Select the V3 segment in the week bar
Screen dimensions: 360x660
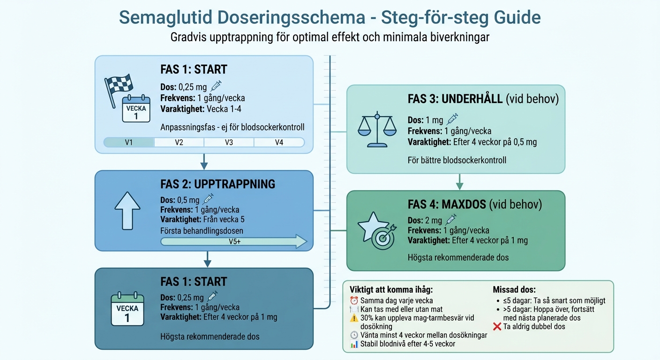229,142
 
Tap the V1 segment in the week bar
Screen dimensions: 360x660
128,142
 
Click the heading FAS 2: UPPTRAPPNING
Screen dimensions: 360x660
217,184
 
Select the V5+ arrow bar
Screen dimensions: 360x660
233,242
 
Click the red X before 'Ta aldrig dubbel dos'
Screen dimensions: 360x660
498,327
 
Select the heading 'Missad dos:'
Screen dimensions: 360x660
514,290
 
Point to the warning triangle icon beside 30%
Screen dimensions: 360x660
354,318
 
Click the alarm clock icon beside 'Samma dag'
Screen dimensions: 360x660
354,300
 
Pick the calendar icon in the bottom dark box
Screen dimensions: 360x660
127,309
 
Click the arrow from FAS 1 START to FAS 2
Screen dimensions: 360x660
203,161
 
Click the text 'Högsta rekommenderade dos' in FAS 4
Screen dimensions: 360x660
458,257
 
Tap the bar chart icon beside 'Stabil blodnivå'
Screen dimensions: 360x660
354,344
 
